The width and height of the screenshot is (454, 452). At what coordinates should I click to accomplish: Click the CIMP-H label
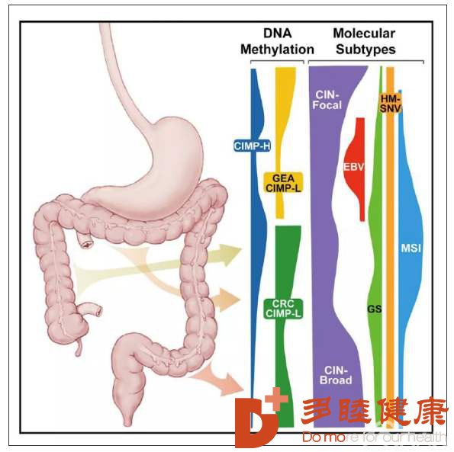[x=252, y=146]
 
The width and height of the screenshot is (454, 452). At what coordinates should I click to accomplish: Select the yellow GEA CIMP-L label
[x=283, y=183]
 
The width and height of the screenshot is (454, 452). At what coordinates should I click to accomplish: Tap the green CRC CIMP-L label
[x=283, y=309]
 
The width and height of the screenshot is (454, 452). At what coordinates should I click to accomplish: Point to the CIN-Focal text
[x=327, y=100]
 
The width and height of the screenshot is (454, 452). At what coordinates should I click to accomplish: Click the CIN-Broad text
[x=336, y=375]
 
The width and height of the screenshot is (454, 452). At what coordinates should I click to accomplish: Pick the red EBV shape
[x=354, y=169]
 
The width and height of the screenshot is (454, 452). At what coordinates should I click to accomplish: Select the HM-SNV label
[x=391, y=104]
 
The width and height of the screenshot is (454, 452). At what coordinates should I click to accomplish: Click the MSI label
[x=411, y=248]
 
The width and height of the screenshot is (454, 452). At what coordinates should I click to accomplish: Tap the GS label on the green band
[x=375, y=309]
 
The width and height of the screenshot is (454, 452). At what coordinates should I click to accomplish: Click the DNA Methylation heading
[x=277, y=41]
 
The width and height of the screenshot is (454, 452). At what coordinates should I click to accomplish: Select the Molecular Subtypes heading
[x=365, y=41]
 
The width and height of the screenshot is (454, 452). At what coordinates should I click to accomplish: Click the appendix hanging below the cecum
[x=78, y=348]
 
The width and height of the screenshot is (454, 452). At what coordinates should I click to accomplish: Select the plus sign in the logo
[x=276, y=399]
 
